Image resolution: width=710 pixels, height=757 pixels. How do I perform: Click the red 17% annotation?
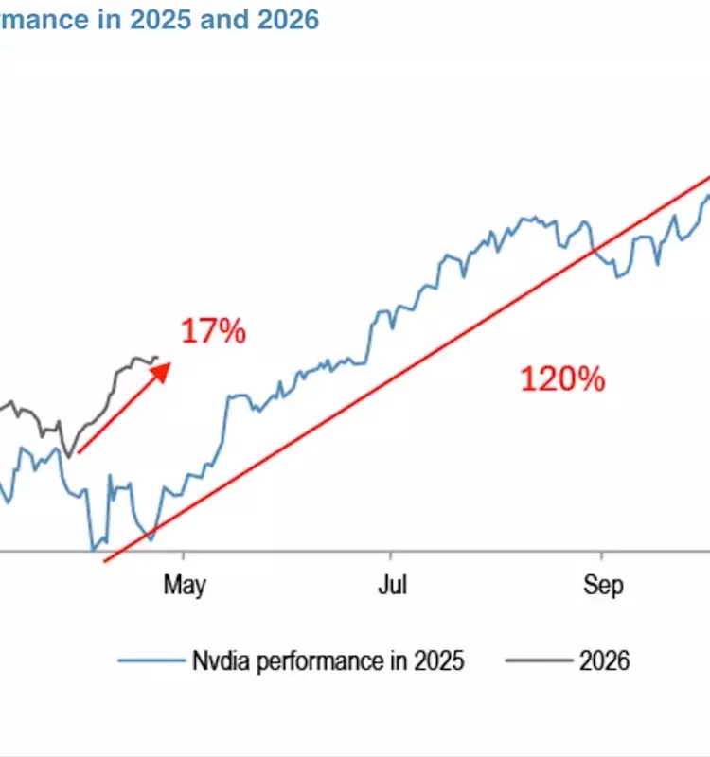click(x=213, y=332)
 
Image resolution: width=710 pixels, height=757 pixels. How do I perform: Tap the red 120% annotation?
click(x=561, y=379)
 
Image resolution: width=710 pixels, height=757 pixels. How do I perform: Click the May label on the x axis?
click(x=184, y=586)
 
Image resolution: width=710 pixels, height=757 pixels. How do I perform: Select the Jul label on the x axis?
click(x=391, y=586)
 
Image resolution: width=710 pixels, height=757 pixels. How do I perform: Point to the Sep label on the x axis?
click(x=602, y=586)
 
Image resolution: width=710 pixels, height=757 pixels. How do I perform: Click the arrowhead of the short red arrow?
click(x=163, y=368)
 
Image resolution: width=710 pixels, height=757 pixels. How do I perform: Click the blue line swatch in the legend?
click(x=151, y=660)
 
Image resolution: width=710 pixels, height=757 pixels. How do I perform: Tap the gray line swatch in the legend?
click(x=536, y=660)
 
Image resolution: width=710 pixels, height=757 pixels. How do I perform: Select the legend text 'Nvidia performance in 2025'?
click(x=328, y=660)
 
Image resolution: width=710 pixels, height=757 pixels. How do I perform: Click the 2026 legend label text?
click(x=603, y=660)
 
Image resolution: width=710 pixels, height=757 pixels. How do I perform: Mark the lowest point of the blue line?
click(x=93, y=549)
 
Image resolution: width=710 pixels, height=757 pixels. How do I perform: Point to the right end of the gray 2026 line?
click(x=158, y=358)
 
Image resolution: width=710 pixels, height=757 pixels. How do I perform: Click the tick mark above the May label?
click(x=184, y=555)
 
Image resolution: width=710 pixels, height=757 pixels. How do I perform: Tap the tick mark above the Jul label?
click(x=391, y=555)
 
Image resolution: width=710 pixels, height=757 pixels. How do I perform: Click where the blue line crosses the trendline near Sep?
click(x=595, y=251)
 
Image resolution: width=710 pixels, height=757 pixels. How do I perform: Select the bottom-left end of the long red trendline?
click(x=104, y=561)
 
